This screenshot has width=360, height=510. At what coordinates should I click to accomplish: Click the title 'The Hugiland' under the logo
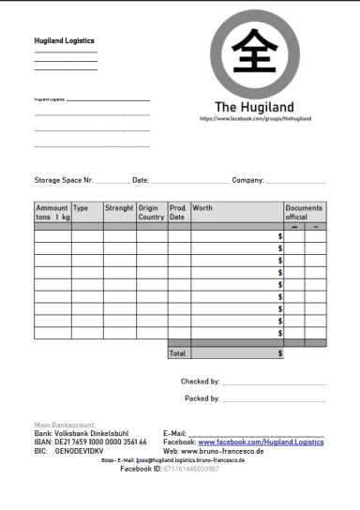pyautogui.click(x=254, y=107)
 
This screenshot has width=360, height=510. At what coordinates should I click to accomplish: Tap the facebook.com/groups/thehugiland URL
pyautogui.click(x=255, y=119)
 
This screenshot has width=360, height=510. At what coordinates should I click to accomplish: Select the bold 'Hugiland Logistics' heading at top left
pyautogui.click(x=64, y=41)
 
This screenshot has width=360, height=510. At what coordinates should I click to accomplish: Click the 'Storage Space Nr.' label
pyautogui.click(x=64, y=179)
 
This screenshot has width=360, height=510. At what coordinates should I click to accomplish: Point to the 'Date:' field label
pyautogui.click(x=141, y=179)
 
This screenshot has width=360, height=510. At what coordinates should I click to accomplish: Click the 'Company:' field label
pyautogui.click(x=247, y=179)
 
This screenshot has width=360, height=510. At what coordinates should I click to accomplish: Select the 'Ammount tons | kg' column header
pyautogui.click(x=52, y=212)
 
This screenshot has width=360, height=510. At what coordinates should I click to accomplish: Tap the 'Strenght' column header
pyautogui.click(x=119, y=208)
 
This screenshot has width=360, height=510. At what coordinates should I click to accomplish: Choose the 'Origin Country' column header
pyautogui.click(x=151, y=212)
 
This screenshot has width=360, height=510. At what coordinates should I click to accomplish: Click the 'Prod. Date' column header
pyautogui.click(x=178, y=212)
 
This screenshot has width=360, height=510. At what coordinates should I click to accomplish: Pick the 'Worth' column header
pyautogui.click(x=202, y=208)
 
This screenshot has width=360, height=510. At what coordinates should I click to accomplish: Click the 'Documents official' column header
pyautogui.click(x=304, y=212)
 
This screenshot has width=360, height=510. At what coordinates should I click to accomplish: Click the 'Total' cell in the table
pyautogui.click(x=177, y=353)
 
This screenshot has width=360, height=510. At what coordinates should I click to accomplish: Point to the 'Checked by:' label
pyautogui.click(x=200, y=382)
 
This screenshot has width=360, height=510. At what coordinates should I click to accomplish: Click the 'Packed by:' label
pyautogui.click(x=202, y=398)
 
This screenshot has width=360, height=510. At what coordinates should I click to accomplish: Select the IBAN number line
pyautogui.click(x=90, y=442)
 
